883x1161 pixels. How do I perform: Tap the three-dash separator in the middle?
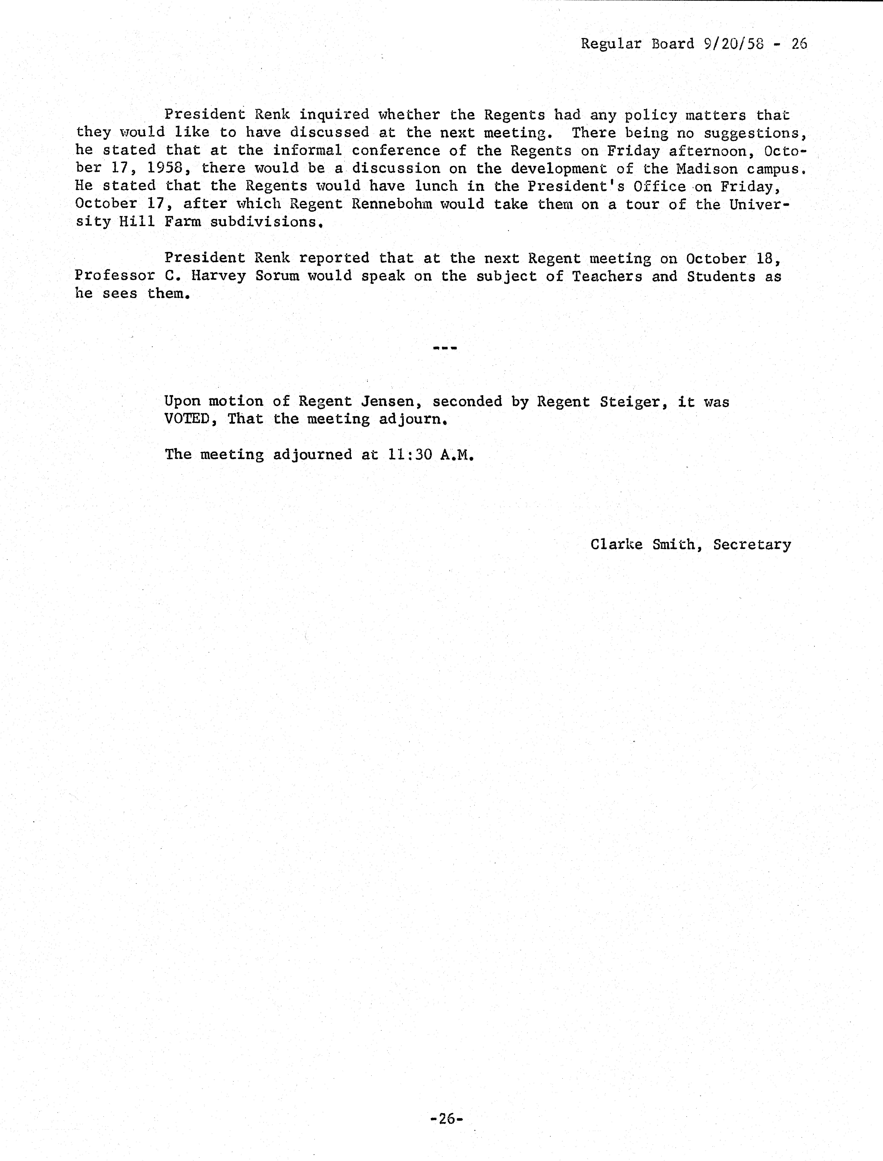click(445, 348)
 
